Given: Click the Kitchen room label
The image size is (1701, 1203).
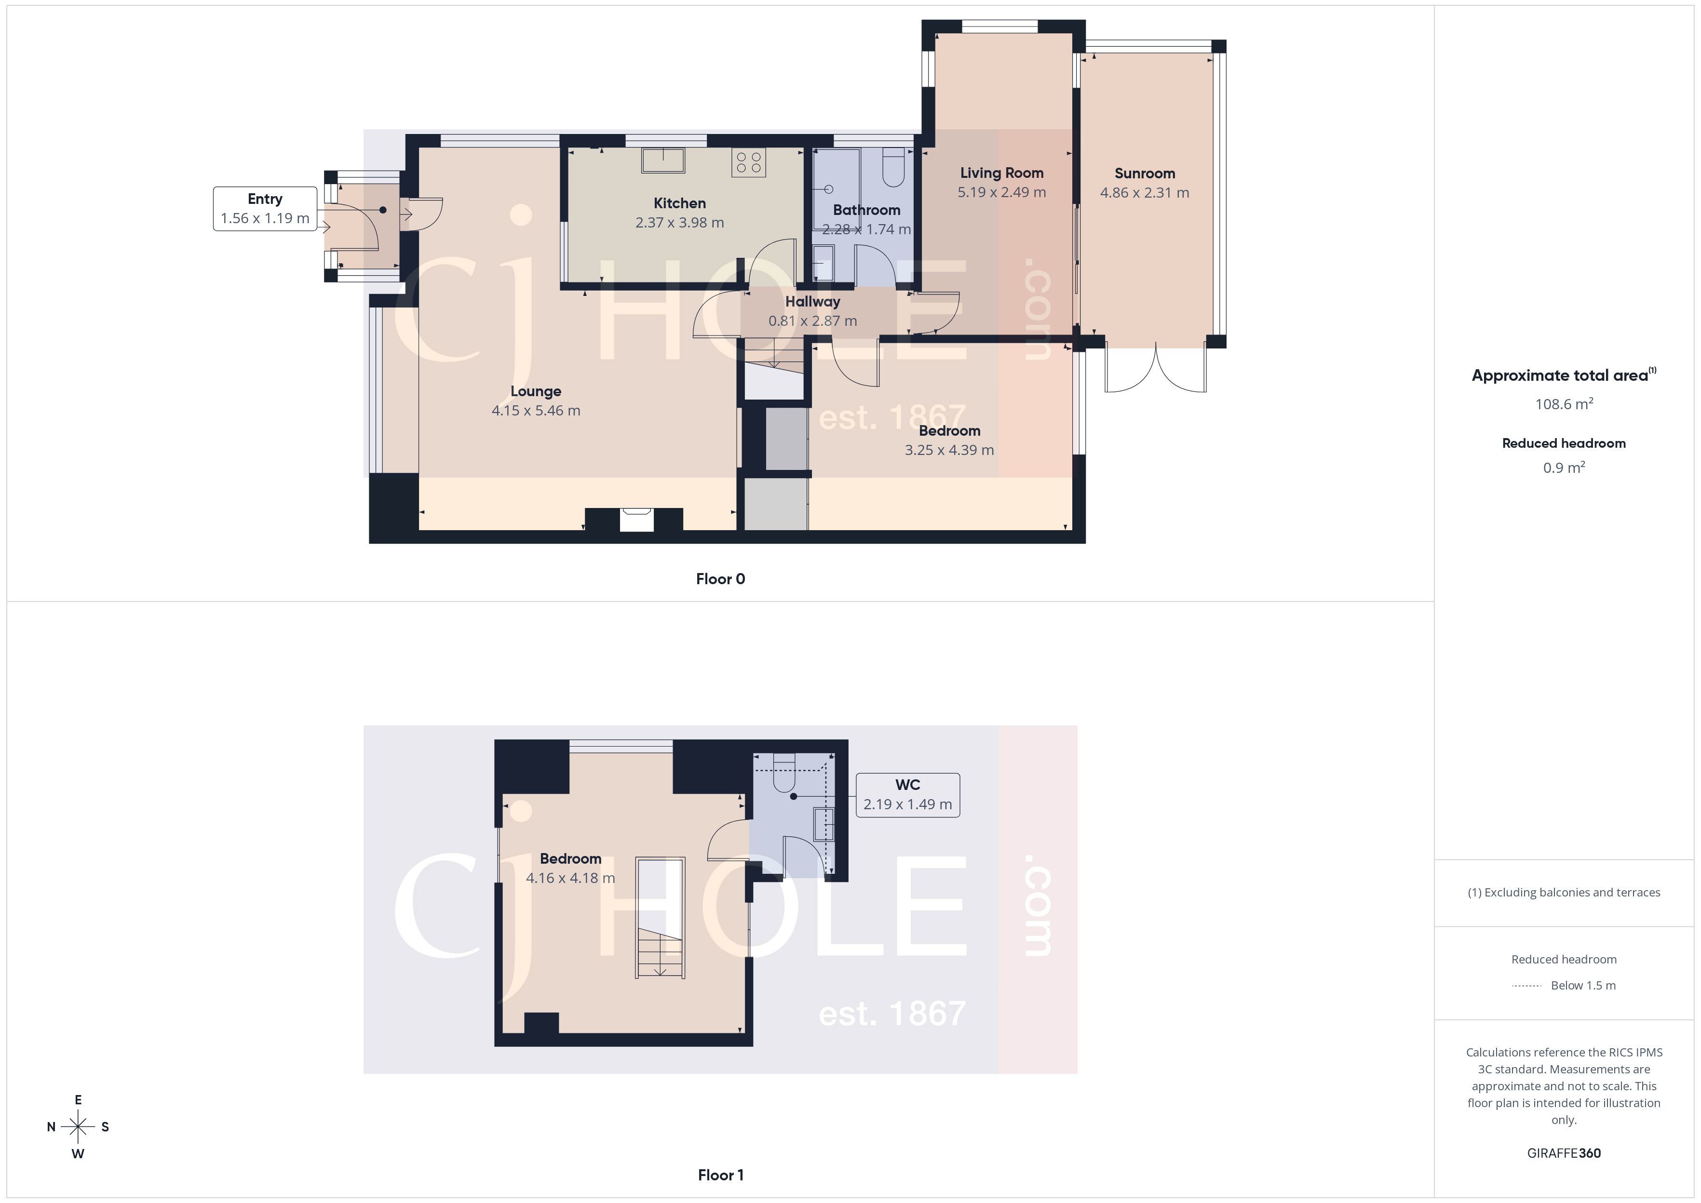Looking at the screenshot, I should pos(679,203).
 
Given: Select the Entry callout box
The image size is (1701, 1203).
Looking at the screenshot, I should pos(265,209).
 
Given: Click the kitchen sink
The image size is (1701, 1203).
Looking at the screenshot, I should pos(663,161).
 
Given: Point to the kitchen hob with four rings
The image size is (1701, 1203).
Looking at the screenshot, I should pos(748,163).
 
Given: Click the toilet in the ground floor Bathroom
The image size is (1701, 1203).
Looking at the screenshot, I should pos(893,168).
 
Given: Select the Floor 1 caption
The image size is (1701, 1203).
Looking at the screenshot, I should pos(720,1175).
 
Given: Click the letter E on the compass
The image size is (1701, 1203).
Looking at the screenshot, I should pos(78,1100).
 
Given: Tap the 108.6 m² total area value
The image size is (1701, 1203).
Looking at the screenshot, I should pos(1563,404).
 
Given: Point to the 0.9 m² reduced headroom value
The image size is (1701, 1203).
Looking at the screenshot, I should pos(1563,468).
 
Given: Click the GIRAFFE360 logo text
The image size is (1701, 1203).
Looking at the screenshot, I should pos(1563,1152).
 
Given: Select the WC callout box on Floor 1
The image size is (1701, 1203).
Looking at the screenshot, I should pos(907,795).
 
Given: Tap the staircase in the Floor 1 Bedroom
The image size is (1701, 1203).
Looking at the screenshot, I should pos(660,919).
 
